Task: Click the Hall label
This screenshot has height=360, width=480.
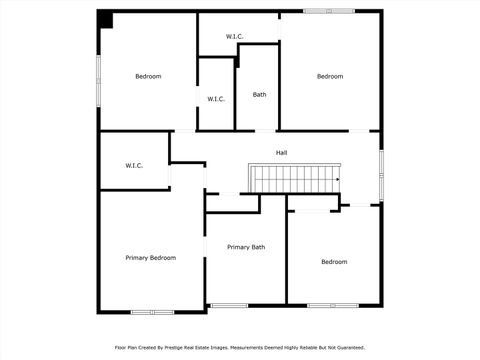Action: (x=282, y=153)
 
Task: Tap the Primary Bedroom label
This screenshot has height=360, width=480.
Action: (x=150, y=258)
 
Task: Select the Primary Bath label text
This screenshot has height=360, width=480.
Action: (x=246, y=247)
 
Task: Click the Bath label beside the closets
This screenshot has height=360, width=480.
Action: (x=259, y=95)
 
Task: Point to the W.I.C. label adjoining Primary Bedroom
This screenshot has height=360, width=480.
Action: (x=134, y=165)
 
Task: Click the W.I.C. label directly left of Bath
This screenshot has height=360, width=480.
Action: (x=216, y=99)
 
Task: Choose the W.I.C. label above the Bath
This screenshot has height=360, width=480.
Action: (x=234, y=37)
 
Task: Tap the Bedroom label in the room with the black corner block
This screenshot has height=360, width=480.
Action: (x=148, y=76)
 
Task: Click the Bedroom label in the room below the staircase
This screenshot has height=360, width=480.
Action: (x=334, y=262)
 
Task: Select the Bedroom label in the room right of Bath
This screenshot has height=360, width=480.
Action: (x=330, y=76)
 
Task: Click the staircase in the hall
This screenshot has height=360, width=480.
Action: (x=295, y=179)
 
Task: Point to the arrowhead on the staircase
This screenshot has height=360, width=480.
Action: (x=337, y=180)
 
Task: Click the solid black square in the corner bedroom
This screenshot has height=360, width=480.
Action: (x=106, y=19)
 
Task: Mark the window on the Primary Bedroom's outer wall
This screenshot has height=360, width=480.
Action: (x=153, y=312)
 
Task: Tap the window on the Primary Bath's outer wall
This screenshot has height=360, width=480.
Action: (x=229, y=305)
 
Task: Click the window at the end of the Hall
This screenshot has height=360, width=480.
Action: (x=381, y=166)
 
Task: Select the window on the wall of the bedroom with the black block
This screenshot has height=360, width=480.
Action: (x=98, y=80)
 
